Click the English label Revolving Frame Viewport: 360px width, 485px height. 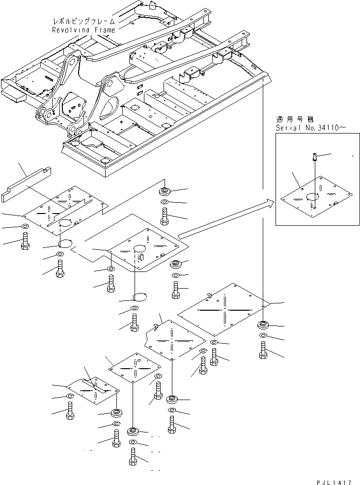84,30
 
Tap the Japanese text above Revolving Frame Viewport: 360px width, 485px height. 84,22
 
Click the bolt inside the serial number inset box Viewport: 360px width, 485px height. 314,158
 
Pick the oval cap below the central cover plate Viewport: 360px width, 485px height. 140,296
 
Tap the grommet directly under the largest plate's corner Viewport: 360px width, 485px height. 263,324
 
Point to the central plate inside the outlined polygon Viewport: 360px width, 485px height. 142,249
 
